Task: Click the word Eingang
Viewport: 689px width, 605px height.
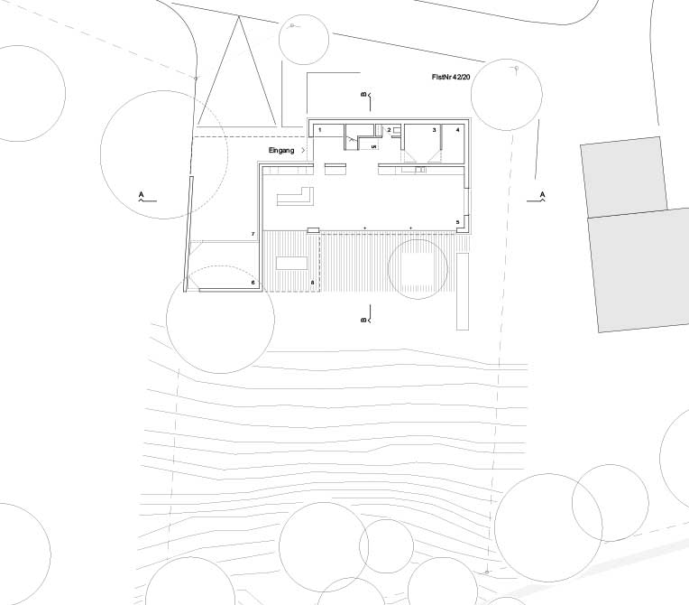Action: [282, 150]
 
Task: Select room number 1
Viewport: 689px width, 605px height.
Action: [319, 131]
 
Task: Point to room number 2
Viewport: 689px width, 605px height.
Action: [389, 131]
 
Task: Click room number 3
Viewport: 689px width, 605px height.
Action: [435, 131]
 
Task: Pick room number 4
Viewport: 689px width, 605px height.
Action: [457, 131]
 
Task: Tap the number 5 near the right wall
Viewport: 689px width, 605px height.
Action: [457, 221]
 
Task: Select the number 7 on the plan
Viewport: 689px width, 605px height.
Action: [253, 235]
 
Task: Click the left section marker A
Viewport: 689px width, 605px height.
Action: [142, 194]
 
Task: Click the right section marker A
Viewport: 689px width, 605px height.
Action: [542, 194]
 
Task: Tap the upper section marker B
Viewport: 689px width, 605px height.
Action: [363, 94]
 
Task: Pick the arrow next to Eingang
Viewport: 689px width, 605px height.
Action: [304, 150]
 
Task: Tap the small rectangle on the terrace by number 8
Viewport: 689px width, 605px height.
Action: [290, 263]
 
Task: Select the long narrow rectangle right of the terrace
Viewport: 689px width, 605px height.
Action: [464, 291]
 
